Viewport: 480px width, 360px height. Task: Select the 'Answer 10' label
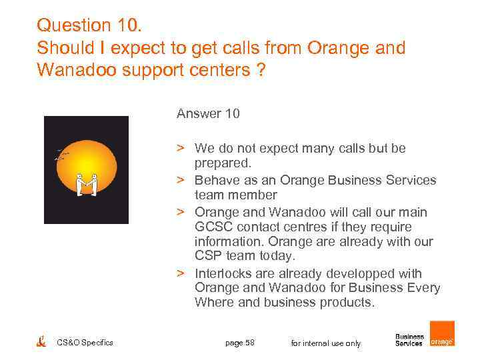point(208,114)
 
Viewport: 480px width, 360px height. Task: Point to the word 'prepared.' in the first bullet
point(223,162)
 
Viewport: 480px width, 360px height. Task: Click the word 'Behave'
point(215,180)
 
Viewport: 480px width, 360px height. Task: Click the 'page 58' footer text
point(240,343)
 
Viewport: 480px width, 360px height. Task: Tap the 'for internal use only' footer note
point(326,343)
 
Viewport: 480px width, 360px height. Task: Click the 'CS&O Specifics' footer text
point(85,343)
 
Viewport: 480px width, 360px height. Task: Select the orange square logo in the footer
point(442,333)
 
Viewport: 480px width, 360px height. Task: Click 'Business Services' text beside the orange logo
point(409,340)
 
